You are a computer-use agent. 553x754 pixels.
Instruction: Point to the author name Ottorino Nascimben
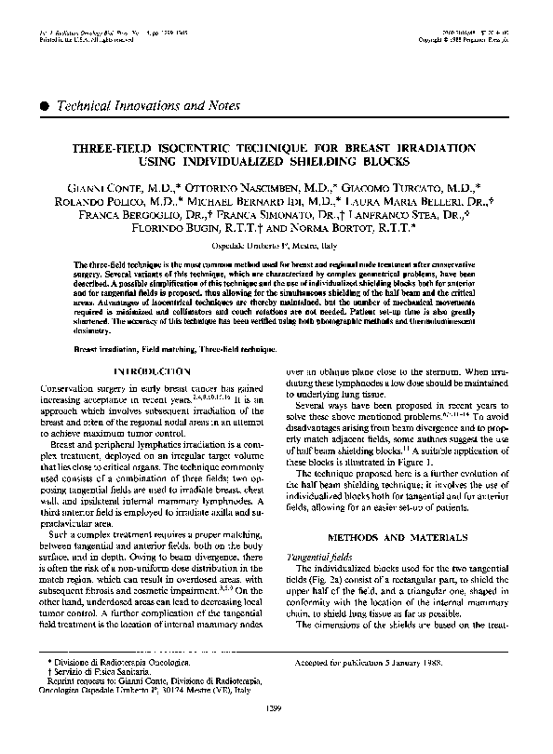click(264, 187)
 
